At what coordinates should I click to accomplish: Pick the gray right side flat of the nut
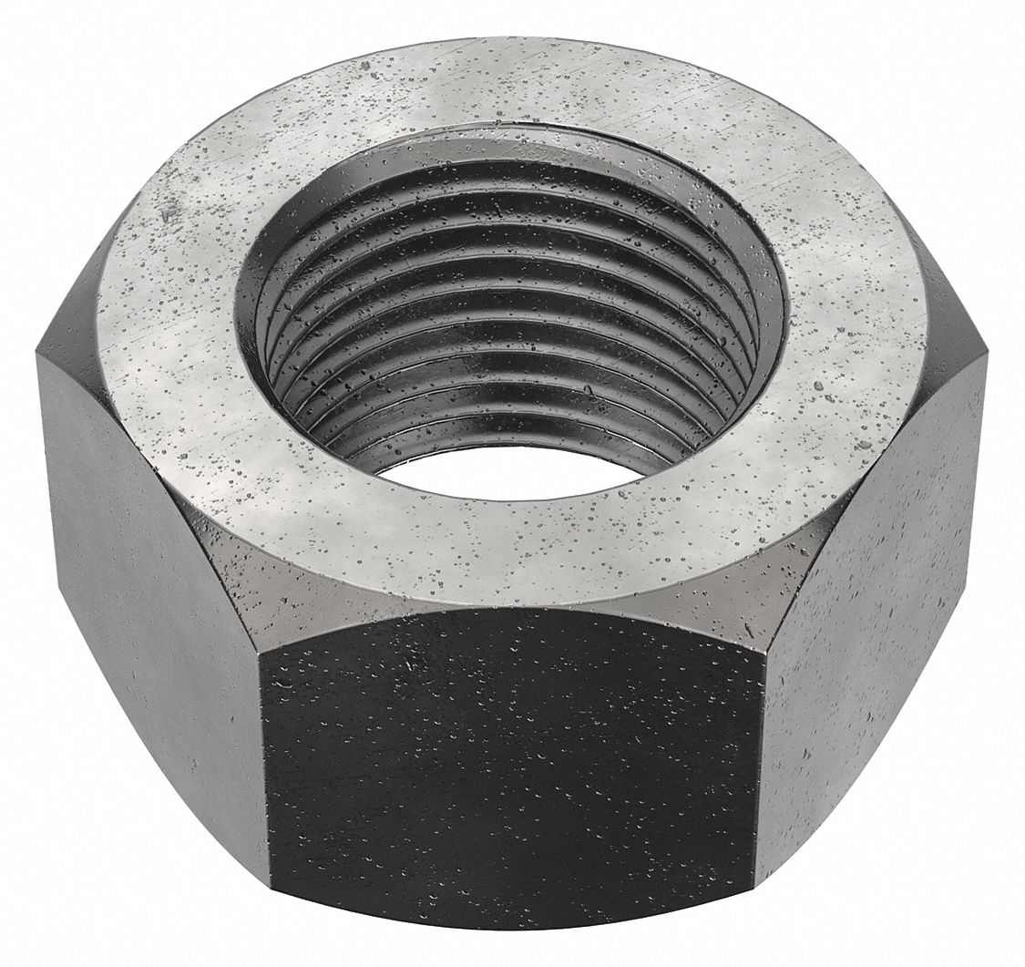pos(875,583)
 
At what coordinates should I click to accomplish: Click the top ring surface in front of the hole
pos(510,547)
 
